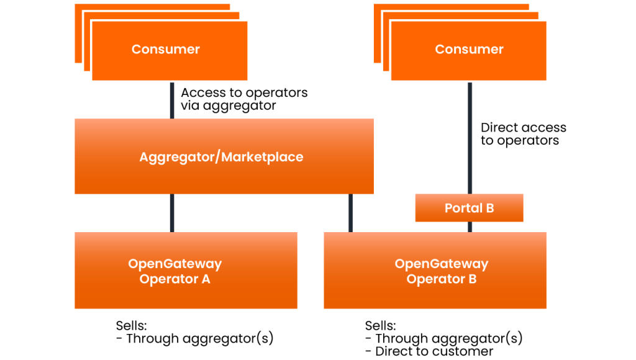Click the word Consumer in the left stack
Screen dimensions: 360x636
(165, 50)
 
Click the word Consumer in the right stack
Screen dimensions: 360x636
(469, 50)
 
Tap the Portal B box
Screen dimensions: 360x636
(469, 208)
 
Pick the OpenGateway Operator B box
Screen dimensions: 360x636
(435, 295)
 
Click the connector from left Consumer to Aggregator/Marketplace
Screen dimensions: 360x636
(172, 100)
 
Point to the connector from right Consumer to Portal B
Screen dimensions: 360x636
(470, 138)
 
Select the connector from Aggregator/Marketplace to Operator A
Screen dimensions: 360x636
(172, 213)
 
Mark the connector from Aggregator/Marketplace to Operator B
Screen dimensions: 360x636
(350, 213)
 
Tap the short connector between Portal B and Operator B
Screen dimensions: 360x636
(470, 227)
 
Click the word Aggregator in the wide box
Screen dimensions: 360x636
(176, 157)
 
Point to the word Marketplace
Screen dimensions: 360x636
(263, 157)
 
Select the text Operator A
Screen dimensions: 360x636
(175, 279)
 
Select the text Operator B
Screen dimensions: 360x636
(442, 279)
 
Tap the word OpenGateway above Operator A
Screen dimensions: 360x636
(175, 264)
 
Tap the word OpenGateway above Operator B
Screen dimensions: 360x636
(442, 264)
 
